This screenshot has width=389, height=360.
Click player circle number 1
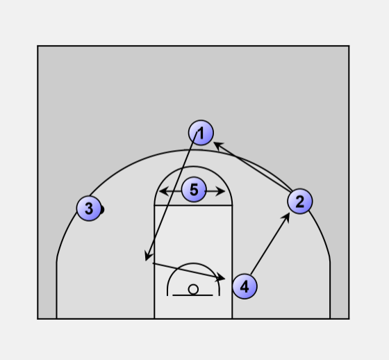point(201,133)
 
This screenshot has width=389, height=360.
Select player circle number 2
point(300,201)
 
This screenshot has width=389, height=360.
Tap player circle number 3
point(89,208)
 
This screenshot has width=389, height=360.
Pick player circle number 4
point(245,286)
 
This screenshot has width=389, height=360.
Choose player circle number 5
point(194,190)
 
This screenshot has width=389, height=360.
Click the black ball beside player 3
point(102,210)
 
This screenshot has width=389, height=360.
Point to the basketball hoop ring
point(193,289)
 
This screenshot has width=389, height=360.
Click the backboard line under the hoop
point(192,295)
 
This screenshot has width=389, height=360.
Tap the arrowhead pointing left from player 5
point(163,191)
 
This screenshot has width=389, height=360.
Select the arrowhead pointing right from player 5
point(220,191)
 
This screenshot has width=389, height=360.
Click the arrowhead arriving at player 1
point(218,146)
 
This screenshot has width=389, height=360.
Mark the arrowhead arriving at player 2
point(285,218)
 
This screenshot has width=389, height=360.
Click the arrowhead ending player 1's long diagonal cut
point(149,256)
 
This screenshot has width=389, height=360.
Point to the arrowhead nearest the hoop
point(220,277)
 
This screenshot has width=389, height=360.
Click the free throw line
point(193,205)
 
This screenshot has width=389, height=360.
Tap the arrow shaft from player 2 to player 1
point(253,167)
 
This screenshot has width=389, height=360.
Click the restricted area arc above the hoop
point(193,263)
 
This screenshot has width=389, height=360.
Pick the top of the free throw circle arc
point(193,166)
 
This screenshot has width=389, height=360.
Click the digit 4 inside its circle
point(245,287)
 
